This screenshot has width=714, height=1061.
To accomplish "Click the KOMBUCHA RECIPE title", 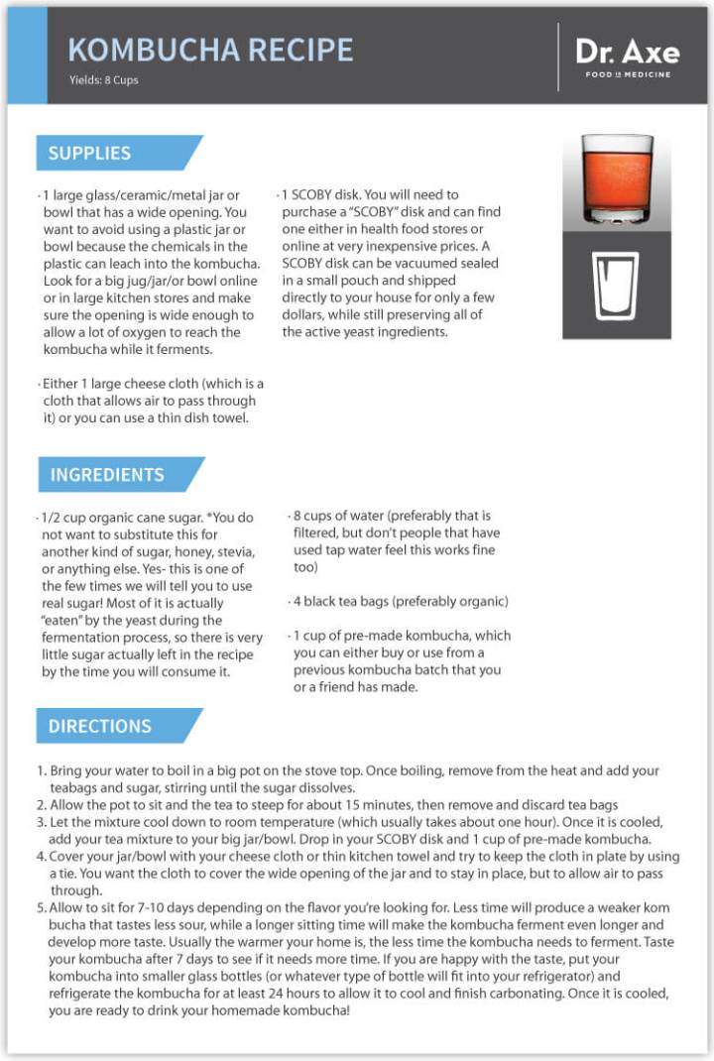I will point(209,50).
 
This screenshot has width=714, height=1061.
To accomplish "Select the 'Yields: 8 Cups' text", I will point(104,80).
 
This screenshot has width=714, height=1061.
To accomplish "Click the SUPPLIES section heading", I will point(90,154).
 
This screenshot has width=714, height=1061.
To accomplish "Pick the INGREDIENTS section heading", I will point(108,475).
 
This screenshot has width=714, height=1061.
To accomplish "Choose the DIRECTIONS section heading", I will point(100,726).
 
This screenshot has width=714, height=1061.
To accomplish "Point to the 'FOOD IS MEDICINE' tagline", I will point(627,74).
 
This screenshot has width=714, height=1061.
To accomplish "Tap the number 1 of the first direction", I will point(42,770).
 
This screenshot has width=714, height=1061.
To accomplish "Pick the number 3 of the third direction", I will point(42,821).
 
